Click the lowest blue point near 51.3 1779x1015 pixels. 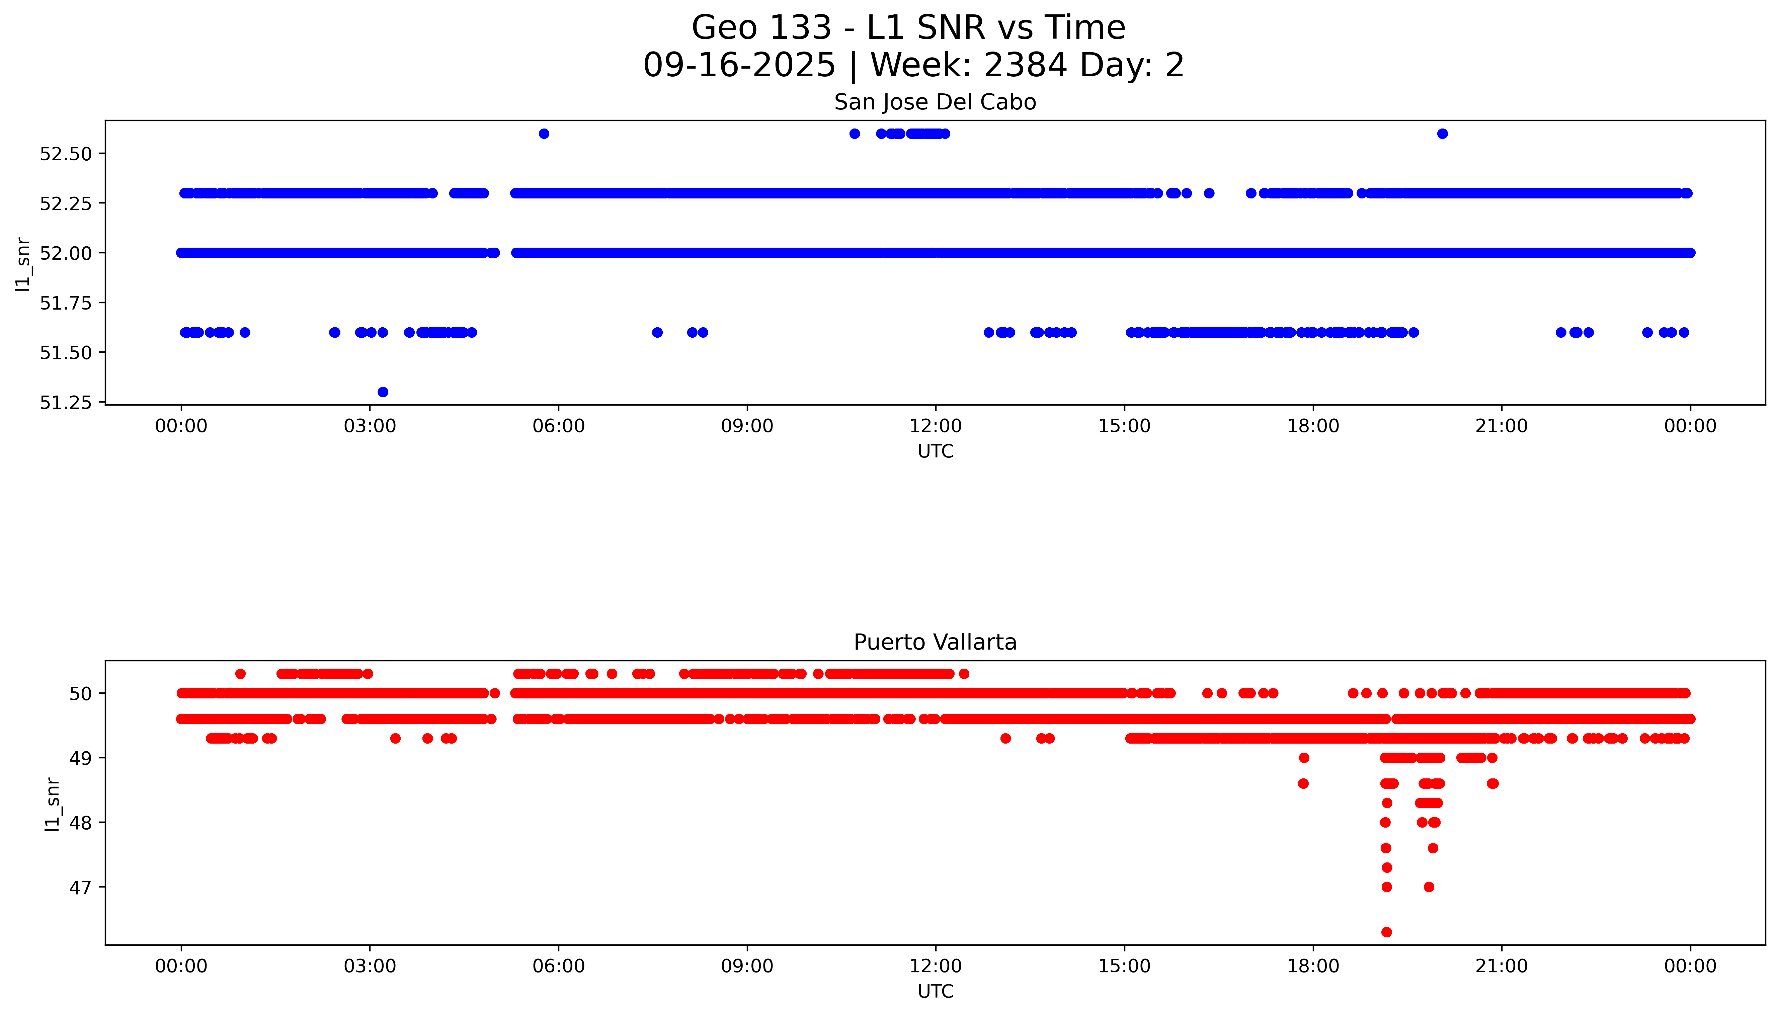tap(383, 392)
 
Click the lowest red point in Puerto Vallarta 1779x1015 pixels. tap(1386, 932)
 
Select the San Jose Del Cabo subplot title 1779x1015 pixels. tap(935, 102)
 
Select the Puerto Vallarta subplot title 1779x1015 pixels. tap(935, 642)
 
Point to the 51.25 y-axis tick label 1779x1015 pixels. tap(66, 403)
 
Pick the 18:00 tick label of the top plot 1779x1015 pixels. tap(1313, 426)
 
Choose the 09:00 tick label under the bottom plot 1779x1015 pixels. tap(747, 966)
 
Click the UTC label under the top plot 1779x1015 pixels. tap(935, 452)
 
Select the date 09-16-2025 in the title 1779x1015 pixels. tap(739, 66)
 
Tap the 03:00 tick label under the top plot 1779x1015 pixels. tap(370, 426)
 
